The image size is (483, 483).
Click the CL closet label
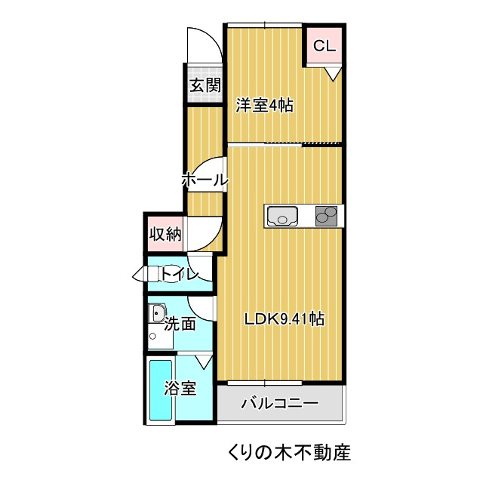coord(324,46)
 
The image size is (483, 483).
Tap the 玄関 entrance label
coord(204,85)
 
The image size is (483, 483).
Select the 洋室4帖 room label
coord(263,106)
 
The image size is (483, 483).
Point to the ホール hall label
coord(204,180)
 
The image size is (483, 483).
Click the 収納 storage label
coord(165,234)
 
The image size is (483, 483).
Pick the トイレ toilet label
coord(179,274)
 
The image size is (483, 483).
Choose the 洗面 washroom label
coord(180,325)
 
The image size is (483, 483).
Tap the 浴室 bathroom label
coord(180,389)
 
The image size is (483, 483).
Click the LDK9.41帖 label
coord(284,319)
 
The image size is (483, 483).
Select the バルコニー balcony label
coord(279,404)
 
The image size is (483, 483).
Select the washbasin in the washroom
coord(158,313)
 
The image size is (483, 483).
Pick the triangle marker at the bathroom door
coord(203,361)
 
